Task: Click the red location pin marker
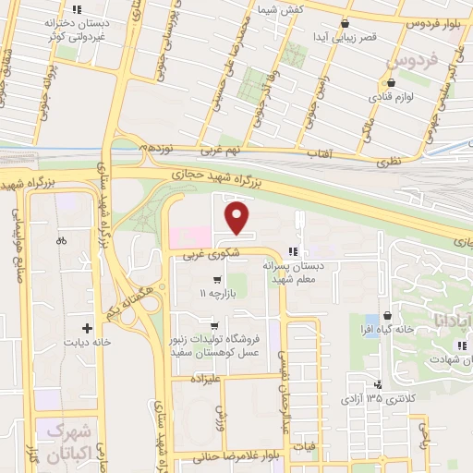coord(238,220)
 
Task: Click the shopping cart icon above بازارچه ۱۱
coord(217,279)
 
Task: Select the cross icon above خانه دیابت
coord(88,328)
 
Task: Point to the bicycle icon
coord(61,240)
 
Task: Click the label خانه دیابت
coord(88,342)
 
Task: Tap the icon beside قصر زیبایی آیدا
coord(345,24)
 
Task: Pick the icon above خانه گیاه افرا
coord(372,315)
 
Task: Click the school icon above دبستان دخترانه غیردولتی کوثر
coord(91,9)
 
